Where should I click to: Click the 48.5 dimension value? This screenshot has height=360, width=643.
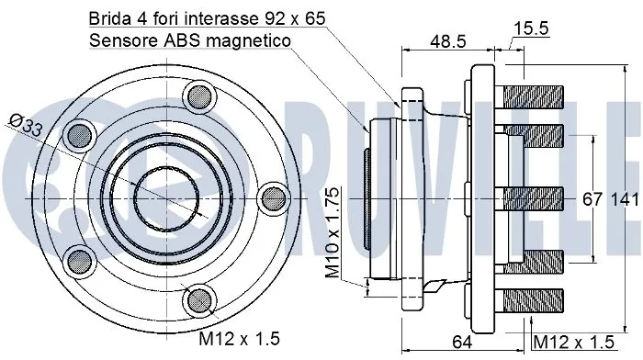[448, 41]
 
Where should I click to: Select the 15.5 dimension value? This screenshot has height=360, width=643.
[531, 28]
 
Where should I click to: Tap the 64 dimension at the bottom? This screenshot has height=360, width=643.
[462, 341]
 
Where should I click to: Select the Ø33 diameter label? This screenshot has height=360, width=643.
[26, 126]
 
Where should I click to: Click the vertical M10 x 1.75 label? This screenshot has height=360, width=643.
[333, 233]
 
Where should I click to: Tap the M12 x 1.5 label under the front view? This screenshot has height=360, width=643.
[240, 339]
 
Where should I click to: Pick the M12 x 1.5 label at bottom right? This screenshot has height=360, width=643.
[574, 342]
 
